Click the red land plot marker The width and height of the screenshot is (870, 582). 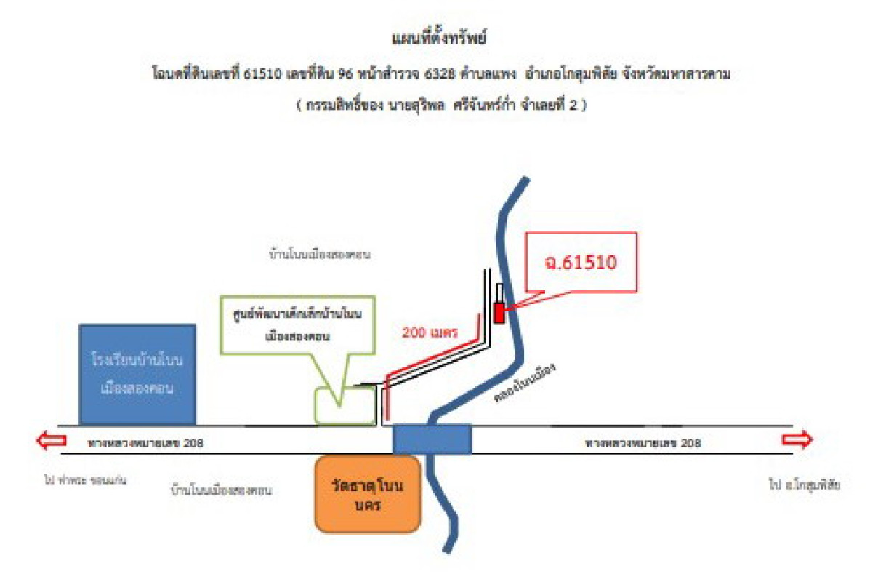pyautogui.click(x=499, y=312)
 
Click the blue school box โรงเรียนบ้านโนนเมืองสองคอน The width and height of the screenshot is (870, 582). pyautogui.click(x=137, y=374)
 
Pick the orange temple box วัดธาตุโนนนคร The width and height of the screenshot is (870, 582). pyautogui.click(x=368, y=494)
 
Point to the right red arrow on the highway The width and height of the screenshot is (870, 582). pyautogui.click(x=797, y=440)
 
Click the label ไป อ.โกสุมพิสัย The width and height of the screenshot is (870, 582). pyautogui.click(x=805, y=484)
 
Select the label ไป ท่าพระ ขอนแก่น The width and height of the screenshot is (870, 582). pyautogui.click(x=80, y=481)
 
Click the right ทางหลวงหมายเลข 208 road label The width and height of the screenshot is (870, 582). pyautogui.click(x=643, y=442)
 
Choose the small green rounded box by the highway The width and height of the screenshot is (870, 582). pyautogui.click(x=346, y=405)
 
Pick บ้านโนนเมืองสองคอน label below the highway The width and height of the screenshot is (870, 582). pyautogui.click(x=220, y=490)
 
